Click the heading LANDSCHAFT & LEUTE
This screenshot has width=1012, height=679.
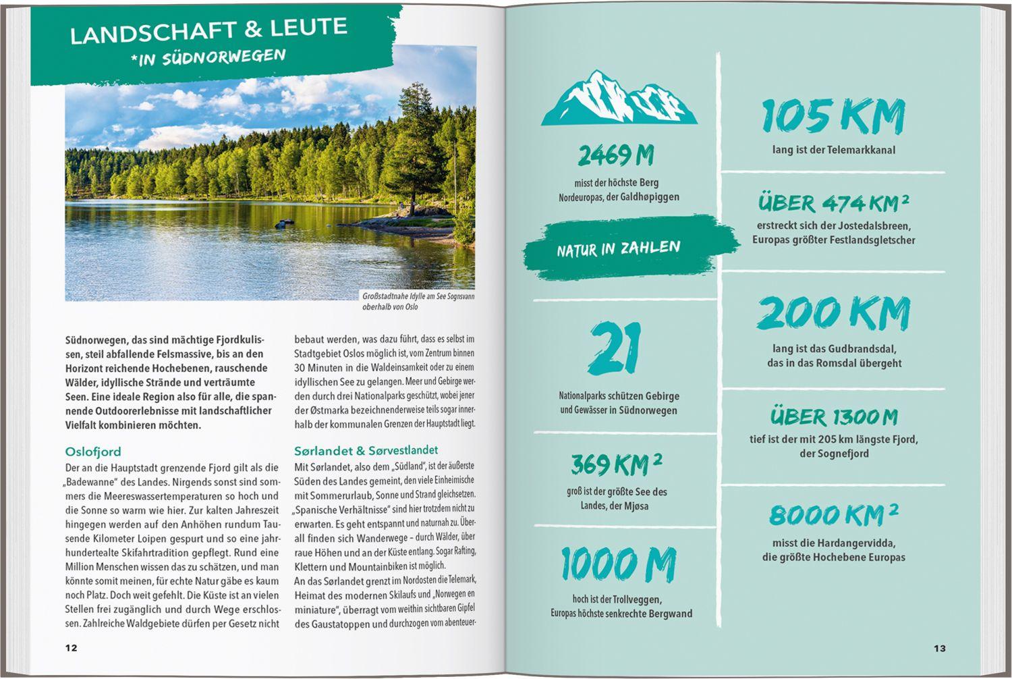tap(208, 30)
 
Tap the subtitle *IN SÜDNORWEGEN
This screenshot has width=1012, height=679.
tap(208, 57)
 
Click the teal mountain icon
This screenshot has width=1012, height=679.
tap(619, 99)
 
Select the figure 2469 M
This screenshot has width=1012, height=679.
tap(615, 156)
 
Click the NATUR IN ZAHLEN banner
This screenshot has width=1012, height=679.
tap(619, 248)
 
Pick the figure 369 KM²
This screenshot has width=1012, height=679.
tap(616, 464)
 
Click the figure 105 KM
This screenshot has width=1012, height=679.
tap(833, 117)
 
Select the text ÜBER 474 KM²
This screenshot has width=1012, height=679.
tap(833, 202)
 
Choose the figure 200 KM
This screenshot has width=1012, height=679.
tap(834, 314)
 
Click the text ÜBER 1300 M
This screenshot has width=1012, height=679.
tap(834, 417)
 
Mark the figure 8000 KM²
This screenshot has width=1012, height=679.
tap(834, 515)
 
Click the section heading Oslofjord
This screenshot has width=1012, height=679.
tap(93, 452)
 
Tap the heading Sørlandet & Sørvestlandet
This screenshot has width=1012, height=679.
tap(366, 450)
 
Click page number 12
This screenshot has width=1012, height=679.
tap(71, 648)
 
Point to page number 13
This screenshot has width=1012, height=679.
tap(940, 648)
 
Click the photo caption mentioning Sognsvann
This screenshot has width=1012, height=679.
tap(418, 302)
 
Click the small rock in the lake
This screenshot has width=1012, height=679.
tap(284, 223)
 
